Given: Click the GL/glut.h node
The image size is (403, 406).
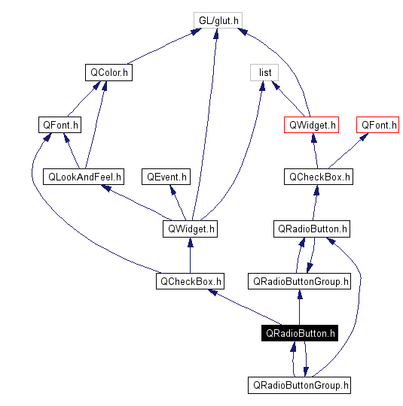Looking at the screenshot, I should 216,20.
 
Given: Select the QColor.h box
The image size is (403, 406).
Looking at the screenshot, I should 108,73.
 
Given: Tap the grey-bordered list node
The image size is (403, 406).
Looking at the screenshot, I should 264,73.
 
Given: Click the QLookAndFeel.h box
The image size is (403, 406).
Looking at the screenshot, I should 84,177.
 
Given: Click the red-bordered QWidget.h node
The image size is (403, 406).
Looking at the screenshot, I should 311,125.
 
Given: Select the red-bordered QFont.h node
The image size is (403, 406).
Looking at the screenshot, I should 378,125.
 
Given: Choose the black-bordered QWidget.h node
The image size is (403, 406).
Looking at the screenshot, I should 189,229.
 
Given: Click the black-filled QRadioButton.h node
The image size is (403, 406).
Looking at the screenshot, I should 299,333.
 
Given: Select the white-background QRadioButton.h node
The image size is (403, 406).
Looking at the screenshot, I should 312,229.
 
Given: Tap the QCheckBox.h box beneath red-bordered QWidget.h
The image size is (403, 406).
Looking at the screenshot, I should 319,177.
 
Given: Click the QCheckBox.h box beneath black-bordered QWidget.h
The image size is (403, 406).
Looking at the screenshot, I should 190,281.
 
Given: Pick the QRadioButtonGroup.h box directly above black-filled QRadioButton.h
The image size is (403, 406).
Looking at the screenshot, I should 299,281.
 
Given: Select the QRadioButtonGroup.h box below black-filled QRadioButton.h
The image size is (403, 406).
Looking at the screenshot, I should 299,385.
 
